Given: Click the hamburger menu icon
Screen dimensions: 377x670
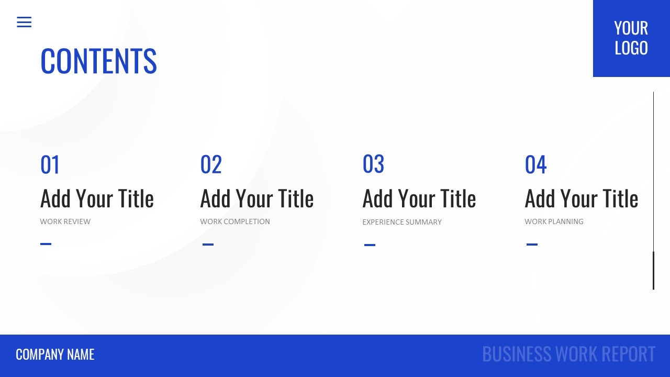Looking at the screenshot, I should (24, 22).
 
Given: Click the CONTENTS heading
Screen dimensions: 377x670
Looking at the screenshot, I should (98, 61).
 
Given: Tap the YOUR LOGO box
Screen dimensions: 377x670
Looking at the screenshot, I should (631, 38).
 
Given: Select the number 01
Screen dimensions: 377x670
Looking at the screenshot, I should (50, 165).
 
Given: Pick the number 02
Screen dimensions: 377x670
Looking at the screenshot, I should (211, 165).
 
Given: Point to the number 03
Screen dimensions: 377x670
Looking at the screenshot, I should (373, 164).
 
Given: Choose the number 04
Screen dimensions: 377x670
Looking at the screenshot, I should (535, 165).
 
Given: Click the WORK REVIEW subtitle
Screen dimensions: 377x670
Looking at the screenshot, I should (65, 221).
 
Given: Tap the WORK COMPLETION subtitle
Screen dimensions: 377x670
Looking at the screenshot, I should (235, 221).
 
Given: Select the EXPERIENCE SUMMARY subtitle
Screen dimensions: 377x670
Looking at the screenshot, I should (402, 222).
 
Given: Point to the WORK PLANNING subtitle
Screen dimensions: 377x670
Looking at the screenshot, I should (554, 221).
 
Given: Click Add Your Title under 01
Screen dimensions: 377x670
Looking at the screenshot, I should (97, 199).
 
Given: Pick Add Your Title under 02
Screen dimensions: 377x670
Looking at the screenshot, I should (257, 199).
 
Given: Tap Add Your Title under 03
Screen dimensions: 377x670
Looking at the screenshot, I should (419, 199).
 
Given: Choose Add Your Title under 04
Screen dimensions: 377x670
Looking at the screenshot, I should (582, 199).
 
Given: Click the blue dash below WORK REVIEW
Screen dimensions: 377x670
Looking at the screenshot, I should (46, 243).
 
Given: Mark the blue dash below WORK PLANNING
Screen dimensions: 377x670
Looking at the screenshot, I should (532, 244).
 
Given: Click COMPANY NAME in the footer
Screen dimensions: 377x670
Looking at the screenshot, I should (55, 354).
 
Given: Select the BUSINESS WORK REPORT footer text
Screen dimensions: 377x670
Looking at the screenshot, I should (568, 354).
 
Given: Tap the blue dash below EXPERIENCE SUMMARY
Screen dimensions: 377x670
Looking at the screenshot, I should (370, 245).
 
